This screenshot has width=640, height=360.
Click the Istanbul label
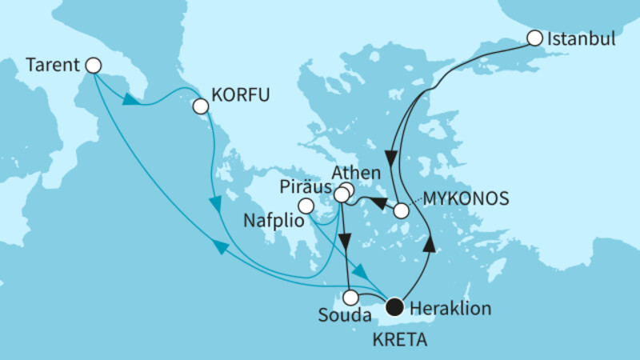[582, 38]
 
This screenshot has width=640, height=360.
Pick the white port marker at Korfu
[200, 106]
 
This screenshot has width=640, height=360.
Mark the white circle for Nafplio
[306, 206]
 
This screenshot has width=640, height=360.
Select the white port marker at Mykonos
[402, 211]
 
